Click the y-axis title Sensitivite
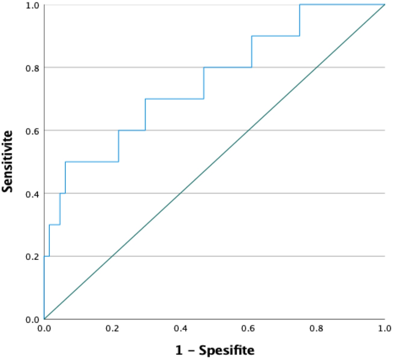click(x=7, y=161)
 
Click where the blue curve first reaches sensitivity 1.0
click(x=300, y=5)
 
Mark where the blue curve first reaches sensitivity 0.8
click(x=203, y=67)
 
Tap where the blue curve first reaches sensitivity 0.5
click(x=65, y=162)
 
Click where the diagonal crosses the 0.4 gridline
click(x=181, y=193)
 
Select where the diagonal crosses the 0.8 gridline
click(x=317, y=67)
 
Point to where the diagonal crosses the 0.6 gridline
click(x=249, y=130)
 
